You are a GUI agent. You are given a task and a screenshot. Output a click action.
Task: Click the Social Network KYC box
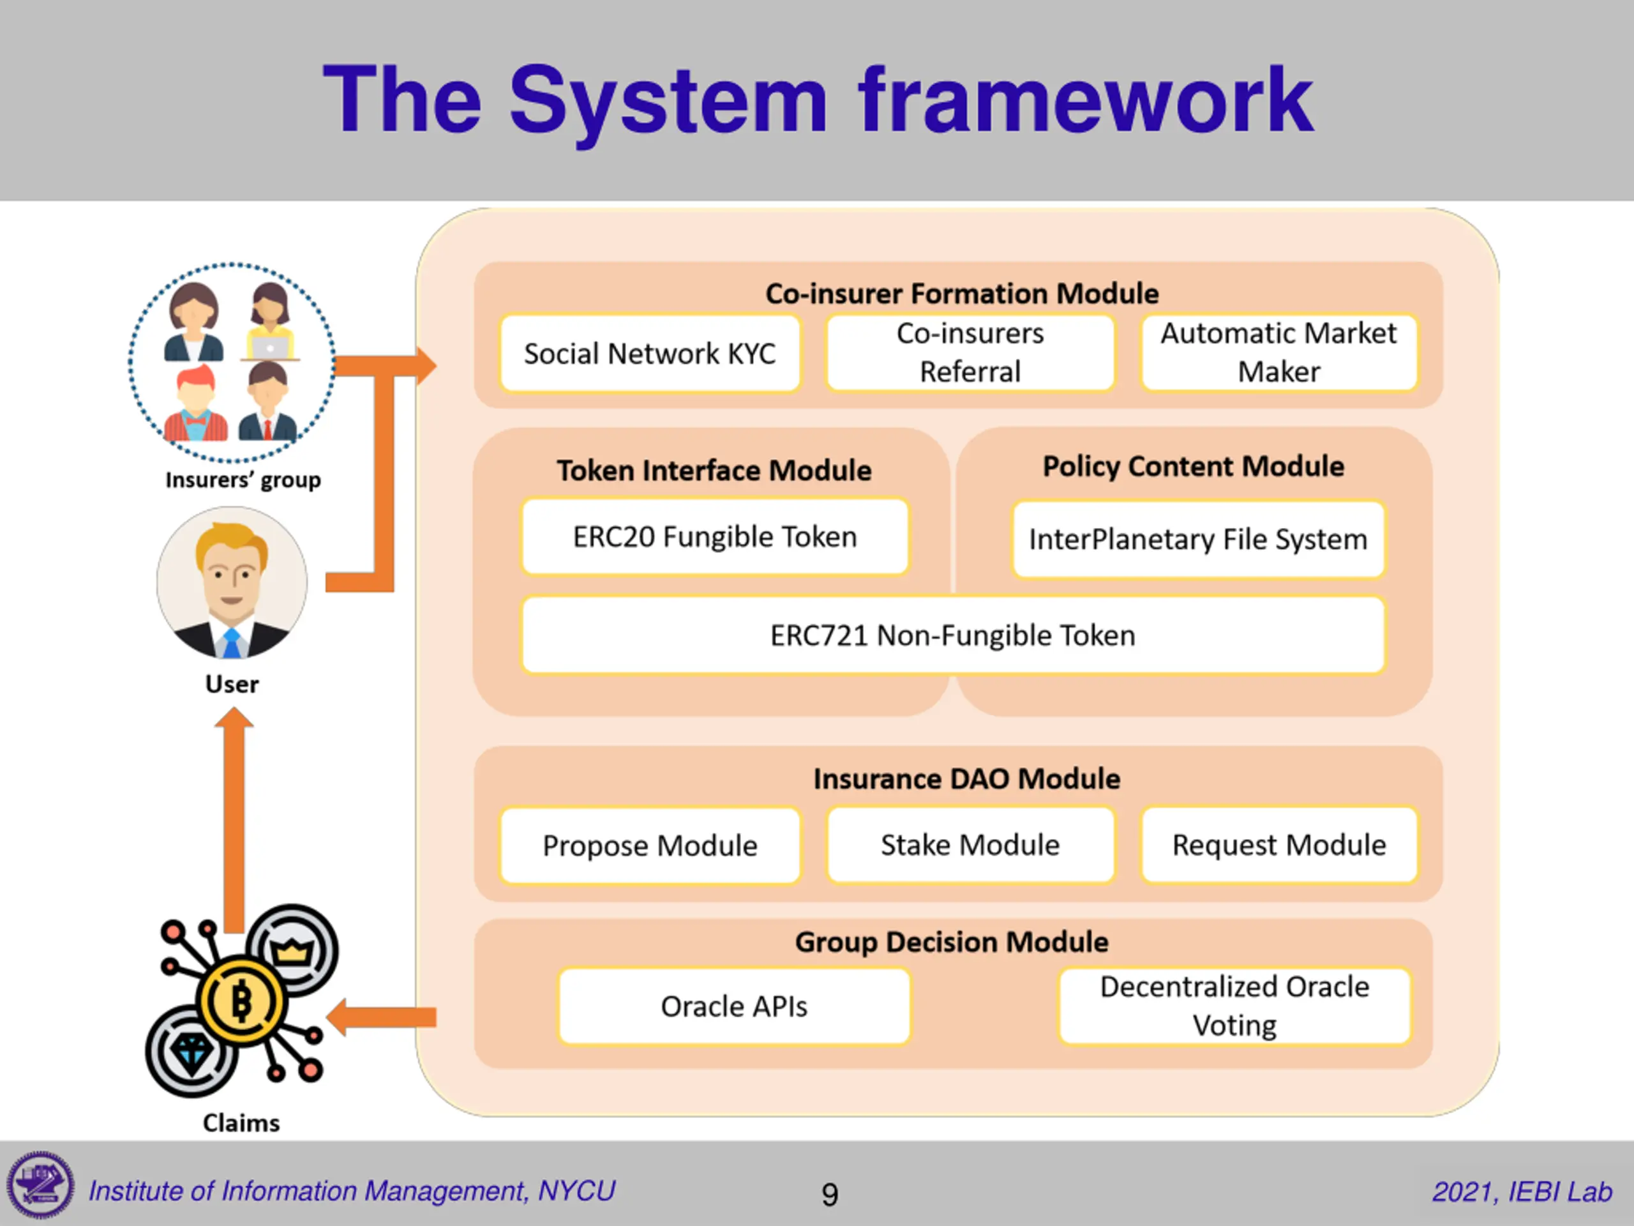click(x=650, y=353)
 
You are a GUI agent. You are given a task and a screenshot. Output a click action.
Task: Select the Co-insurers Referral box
click(x=970, y=352)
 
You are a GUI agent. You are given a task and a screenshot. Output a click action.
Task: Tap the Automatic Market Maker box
click(x=1278, y=352)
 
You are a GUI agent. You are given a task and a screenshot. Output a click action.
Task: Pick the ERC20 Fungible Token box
click(x=715, y=536)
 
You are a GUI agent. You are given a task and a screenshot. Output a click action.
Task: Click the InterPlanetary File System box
click(x=1198, y=539)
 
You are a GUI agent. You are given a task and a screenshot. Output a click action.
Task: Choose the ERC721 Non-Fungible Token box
click(x=953, y=635)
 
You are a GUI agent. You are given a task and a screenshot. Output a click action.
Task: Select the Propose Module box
click(x=650, y=845)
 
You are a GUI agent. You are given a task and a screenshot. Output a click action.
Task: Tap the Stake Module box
click(x=970, y=844)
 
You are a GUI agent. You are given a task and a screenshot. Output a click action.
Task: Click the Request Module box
click(x=1278, y=844)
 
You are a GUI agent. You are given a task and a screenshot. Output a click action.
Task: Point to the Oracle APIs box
click(x=733, y=1006)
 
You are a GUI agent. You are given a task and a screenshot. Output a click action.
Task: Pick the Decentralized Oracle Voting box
click(x=1234, y=1006)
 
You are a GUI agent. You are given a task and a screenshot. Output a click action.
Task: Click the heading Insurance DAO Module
click(x=966, y=778)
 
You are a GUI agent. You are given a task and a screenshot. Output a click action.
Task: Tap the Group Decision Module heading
click(x=952, y=941)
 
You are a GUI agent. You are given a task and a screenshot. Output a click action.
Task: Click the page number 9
click(x=830, y=1194)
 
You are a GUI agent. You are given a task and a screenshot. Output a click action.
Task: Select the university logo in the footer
click(x=41, y=1185)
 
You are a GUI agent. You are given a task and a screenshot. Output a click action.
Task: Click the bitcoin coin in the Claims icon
click(x=241, y=1001)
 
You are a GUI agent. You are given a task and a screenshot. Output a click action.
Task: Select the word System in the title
click(x=668, y=100)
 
